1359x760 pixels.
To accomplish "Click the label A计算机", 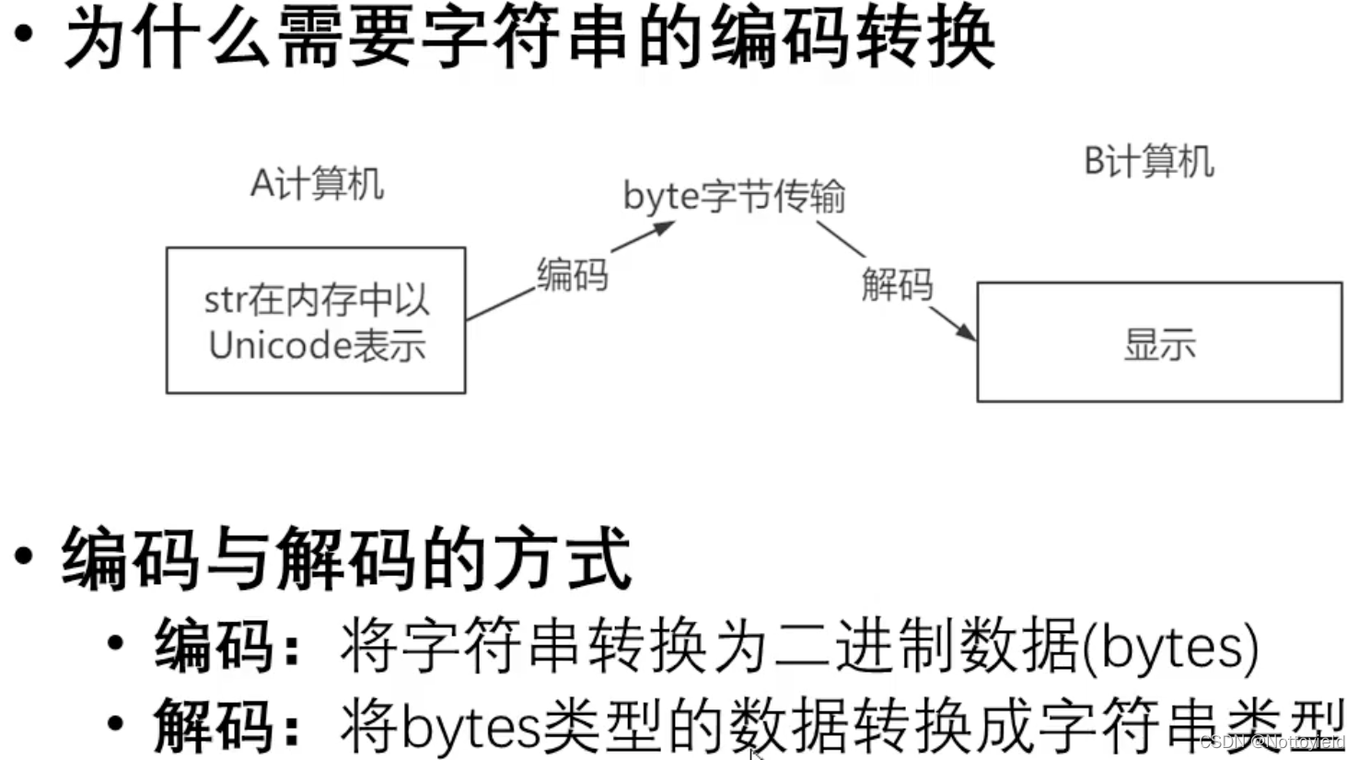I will coord(317,184).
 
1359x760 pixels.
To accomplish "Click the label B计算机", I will coord(1148,162).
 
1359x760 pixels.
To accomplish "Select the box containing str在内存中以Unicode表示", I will coord(316,320).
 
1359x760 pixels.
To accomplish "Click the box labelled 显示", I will coord(1159,342).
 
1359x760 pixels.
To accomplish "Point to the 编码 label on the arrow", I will coord(572,274).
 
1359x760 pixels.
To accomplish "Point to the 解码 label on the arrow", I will coord(897,283).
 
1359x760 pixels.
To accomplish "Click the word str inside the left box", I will coord(224,300).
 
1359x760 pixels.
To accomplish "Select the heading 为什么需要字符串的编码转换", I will coord(529,40).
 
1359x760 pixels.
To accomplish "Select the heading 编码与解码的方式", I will coord(346,558).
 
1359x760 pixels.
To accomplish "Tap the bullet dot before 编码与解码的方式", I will coord(24,556).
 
